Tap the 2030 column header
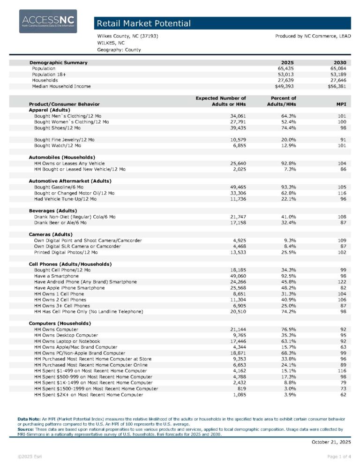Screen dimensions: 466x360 click(x=340, y=62)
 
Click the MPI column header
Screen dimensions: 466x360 click(x=341, y=104)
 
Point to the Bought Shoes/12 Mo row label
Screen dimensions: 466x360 click(x=57, y=128)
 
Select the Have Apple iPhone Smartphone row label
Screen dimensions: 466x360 click(x=69, y=288)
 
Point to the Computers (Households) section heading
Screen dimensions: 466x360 click(x=60, y=323)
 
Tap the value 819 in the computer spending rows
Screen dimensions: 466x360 click(x=240, y=389)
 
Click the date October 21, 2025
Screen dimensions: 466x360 click(x=331, y=442)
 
